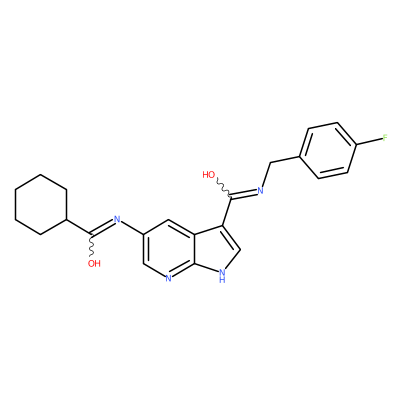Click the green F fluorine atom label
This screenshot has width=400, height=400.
coord(385,138)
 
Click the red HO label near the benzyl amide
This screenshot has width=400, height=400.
coord(209,174)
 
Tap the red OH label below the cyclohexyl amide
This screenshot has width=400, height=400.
coord(94,264)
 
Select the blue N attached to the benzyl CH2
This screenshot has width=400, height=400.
coord(260,191)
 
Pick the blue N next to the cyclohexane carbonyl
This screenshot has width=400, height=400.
coord(117,219)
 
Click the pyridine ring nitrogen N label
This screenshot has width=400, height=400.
coord(168,278)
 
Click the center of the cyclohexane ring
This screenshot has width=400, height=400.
coord(41,204)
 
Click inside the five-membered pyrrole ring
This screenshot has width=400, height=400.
coord(218,247)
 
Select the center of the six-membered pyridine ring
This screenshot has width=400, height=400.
coord(168,248)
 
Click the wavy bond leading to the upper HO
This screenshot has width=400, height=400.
coord(223,189)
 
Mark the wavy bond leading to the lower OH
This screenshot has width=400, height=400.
coord(90,246)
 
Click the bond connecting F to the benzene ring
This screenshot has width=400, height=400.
coord(370,141)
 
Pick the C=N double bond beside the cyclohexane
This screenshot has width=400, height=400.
coord(101,227)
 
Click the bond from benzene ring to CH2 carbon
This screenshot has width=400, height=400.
coord(286,159)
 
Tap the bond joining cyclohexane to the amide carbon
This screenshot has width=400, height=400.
coord(79,227)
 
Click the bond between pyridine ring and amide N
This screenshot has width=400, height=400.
coord(132,228)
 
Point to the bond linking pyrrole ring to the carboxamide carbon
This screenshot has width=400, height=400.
coord(226,212)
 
